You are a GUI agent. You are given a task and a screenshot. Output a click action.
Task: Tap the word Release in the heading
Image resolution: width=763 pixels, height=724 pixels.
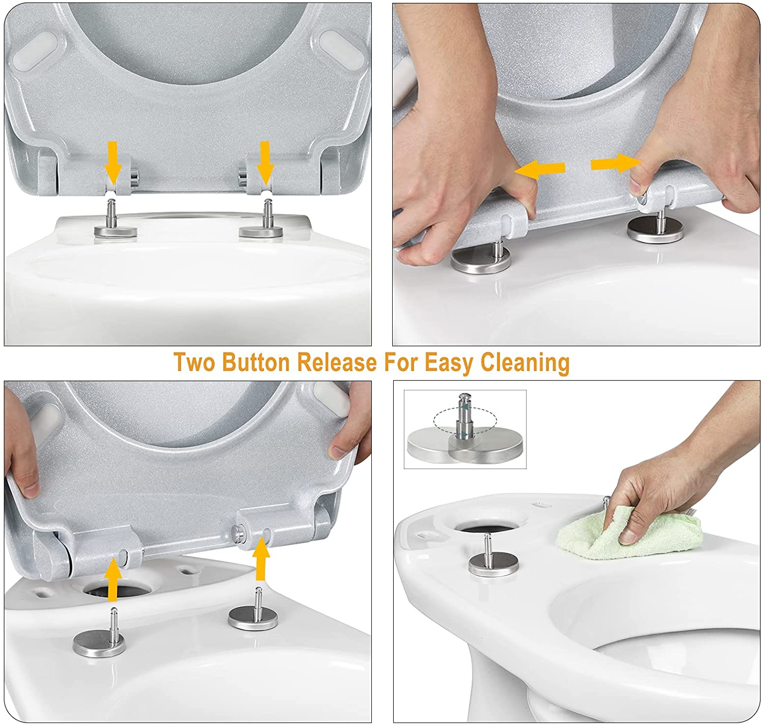[337, 363]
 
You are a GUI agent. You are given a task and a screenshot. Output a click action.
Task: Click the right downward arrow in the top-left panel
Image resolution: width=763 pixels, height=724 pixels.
[265, 162]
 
